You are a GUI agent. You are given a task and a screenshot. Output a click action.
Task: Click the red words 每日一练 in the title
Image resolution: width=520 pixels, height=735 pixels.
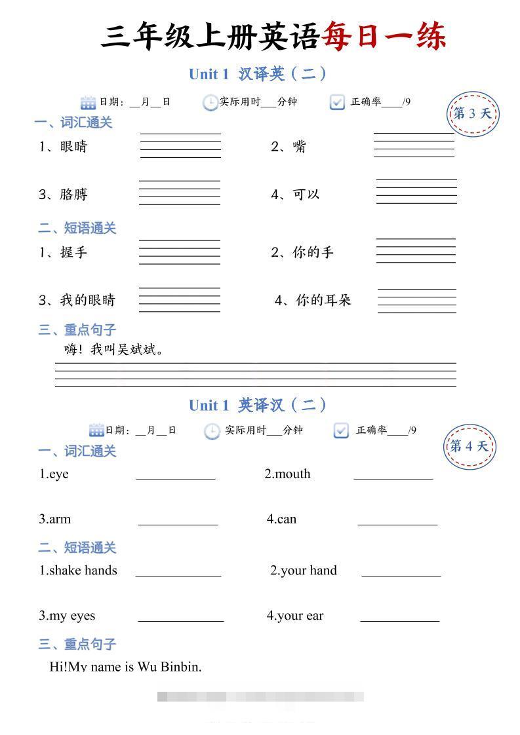384,37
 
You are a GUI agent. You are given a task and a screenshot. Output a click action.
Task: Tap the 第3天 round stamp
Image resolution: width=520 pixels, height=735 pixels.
472,114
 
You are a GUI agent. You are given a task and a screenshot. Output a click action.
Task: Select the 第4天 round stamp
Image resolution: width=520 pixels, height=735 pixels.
469,447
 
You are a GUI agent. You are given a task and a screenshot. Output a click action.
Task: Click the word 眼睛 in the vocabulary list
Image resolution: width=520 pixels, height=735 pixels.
73,147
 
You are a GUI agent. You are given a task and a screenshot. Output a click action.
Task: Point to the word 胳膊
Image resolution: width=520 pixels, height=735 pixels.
73,195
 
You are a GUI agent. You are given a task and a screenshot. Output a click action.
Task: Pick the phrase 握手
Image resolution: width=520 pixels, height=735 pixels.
73,252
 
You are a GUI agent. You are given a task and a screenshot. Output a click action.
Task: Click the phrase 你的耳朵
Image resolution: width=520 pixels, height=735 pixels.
323,300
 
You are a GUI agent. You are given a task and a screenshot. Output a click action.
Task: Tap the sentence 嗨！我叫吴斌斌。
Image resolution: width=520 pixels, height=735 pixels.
114,350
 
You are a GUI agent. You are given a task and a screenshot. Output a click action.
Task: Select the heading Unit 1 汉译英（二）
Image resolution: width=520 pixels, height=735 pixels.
257,74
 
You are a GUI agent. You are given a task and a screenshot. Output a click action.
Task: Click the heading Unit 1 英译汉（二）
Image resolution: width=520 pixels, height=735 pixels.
257,405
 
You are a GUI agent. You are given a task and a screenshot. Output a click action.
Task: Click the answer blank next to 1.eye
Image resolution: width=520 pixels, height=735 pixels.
176,476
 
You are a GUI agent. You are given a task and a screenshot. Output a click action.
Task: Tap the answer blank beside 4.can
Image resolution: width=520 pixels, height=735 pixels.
397,521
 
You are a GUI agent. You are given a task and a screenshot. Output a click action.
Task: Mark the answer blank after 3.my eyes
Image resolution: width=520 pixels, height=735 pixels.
180,616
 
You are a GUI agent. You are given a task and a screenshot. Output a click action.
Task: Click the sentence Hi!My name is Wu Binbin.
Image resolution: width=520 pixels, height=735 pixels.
126,667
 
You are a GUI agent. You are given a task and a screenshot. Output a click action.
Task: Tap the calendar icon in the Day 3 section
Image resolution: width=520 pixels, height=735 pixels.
88,102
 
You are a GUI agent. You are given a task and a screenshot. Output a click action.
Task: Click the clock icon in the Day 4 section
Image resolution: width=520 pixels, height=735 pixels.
212,431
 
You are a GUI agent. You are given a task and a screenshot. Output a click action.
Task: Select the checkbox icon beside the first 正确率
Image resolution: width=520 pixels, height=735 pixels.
337,102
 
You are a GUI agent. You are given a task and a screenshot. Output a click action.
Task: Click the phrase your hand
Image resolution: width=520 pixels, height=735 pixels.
308,571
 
